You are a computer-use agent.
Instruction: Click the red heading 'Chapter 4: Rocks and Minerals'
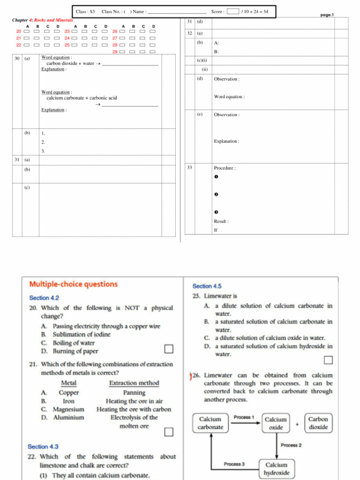click(x=42, y=20)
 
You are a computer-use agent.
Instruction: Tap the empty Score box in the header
click(x=232, y=11)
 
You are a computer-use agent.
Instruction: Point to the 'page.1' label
click(x=327, y=15)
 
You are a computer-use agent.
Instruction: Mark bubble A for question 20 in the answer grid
click(x=27, y=31)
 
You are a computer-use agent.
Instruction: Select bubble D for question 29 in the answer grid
click(x=153, y=52)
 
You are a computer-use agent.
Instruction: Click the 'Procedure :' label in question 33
click(x=225, y=168)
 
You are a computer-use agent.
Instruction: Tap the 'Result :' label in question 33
click(x=221, y=221)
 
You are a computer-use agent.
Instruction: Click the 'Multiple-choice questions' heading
click(x=74, y=284)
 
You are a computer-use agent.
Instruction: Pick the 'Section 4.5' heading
click(x=207, y=286)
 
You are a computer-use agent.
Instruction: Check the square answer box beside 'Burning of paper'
click(x=168, y=349)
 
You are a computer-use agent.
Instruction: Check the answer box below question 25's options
click(x=328, y=360)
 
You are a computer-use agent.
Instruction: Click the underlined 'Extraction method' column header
click(x=134, y=383)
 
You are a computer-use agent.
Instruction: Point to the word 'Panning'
click(x=134, y=392)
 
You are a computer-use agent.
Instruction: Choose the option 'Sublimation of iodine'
click(x=82, y=334)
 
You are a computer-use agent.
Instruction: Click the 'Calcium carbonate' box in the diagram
click(x=210, y=423)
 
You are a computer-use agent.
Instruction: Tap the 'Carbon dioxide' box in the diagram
click(x=318, y=423)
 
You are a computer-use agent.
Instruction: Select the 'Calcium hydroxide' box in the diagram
click(x=276, y=469)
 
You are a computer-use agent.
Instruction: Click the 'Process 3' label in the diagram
click(x=234, y=464)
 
